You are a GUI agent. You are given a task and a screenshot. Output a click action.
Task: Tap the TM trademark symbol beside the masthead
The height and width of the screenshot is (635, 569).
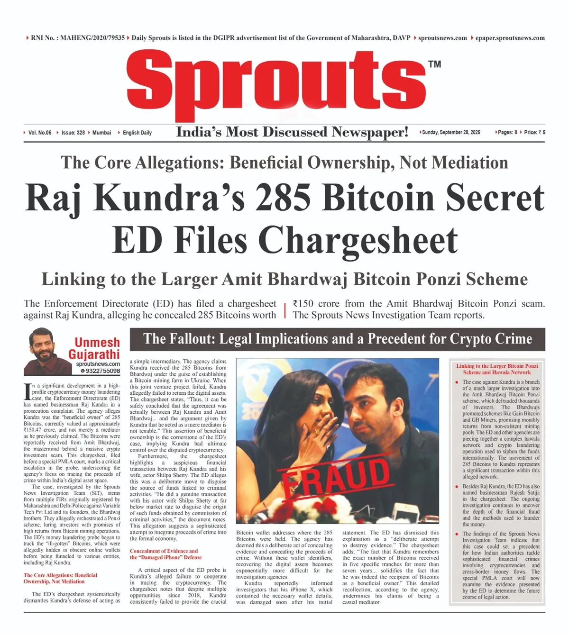pos(434,64)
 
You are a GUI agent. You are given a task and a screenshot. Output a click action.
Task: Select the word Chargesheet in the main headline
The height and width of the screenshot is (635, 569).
pos(358,240)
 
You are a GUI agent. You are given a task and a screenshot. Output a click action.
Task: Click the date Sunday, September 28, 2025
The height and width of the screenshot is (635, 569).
pos(450,133)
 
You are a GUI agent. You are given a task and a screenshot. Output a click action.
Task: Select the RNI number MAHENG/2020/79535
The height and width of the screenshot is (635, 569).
pos(92,38)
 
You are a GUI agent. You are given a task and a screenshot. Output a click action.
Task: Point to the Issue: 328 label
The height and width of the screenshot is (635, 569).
pos(73,133)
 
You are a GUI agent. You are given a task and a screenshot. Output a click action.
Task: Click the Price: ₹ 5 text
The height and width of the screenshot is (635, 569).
pos(534,133)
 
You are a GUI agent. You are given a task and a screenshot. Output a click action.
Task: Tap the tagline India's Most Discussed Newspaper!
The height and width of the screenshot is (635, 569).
pos(292,132)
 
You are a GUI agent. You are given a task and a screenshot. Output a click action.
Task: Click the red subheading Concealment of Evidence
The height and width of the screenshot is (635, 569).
pos(164,551)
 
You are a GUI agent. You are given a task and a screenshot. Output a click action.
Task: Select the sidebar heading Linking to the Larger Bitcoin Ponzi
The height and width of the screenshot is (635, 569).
pos(497,366)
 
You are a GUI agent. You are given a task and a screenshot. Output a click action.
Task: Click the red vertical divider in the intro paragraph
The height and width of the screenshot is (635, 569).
pos(285,310)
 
